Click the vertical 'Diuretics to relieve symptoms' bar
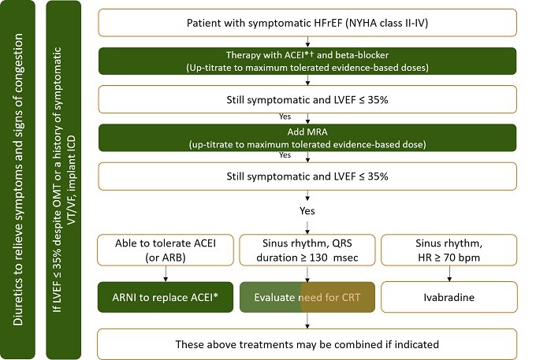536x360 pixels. [x=20, y=180]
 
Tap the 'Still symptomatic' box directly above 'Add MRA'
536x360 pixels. [x=308, y=100]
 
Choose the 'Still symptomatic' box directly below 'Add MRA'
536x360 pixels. [x=308, y=177]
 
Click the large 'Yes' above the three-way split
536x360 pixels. [x=308, y=212]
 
